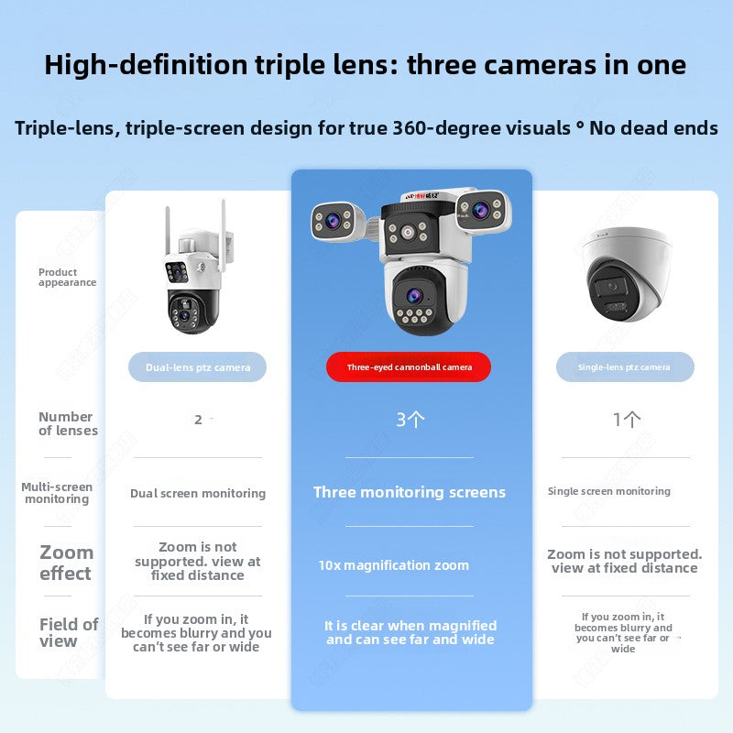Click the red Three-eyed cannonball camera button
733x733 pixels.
coord(409,367)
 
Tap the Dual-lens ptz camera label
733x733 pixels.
coord(198,367)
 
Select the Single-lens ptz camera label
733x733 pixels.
coord(624,367)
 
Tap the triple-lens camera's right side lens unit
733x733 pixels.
coord(483,210)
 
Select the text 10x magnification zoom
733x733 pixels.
coord(393,565)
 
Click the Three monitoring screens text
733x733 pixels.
coord(409,492)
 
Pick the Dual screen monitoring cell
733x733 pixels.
coord(198,493)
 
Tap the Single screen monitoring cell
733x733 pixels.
coord(609,491)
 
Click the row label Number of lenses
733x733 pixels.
coord(68,423)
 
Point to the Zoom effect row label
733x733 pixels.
coord(66,563)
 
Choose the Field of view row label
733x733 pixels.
coord(69,632)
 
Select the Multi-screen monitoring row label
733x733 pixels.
coord(57,493)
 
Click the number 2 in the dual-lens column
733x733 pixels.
coord(198,420)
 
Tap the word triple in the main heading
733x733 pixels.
coord(299,65)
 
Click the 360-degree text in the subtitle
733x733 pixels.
coord(444,127)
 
